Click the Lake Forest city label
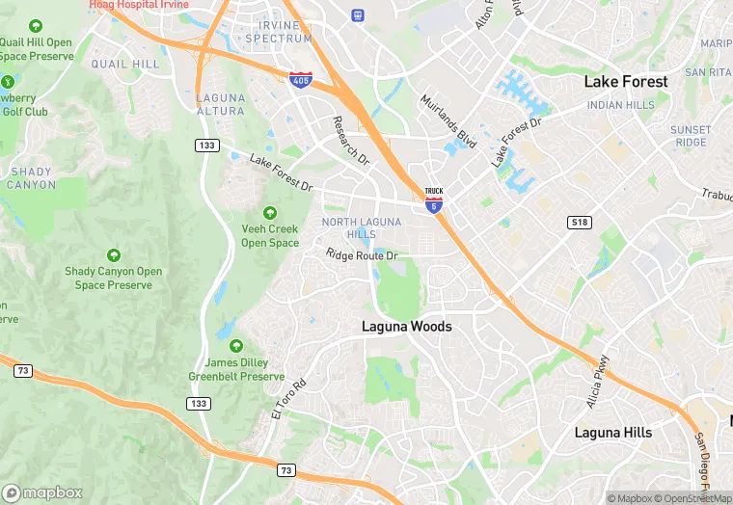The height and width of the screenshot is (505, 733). click(x=625, y=82)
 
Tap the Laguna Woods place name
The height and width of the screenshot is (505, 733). click(x=406, y=327)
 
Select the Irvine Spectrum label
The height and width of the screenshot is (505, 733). click(x=279, y=31)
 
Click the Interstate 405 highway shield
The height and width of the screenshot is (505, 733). click(x=300, y=79)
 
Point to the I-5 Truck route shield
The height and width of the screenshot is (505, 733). click(x=434, y=199)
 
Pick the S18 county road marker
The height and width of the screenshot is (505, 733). click(x=579, y=223)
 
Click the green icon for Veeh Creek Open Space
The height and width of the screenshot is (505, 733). click(x=270, y=213)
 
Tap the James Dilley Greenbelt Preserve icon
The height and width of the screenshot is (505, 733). click(x=236, y=346)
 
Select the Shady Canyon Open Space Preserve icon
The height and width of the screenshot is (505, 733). click(x=114, y=255)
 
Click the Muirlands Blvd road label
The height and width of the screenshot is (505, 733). click(x=448, y=120)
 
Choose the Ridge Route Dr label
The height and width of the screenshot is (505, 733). click(x=362, y=255)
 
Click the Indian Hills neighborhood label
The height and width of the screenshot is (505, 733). click(x=620, y=105)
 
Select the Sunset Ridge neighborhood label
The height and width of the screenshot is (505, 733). click(x=691, y=136)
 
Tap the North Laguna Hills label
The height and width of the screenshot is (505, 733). click(x=348, y=228)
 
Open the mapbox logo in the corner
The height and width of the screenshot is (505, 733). click(x=42, y=492)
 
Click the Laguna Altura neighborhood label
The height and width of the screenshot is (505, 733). click(x=220, y=104)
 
